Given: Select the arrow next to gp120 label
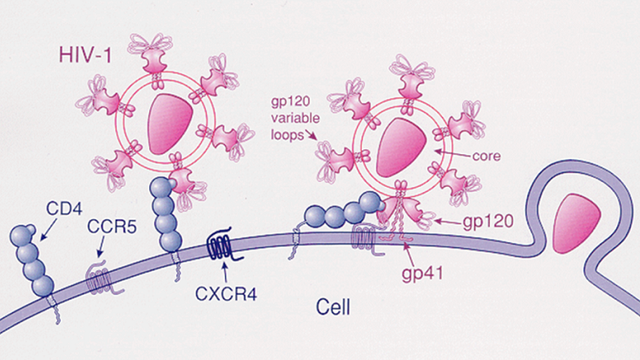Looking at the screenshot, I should point(449,219).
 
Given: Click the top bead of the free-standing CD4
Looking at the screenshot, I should point(26,234).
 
